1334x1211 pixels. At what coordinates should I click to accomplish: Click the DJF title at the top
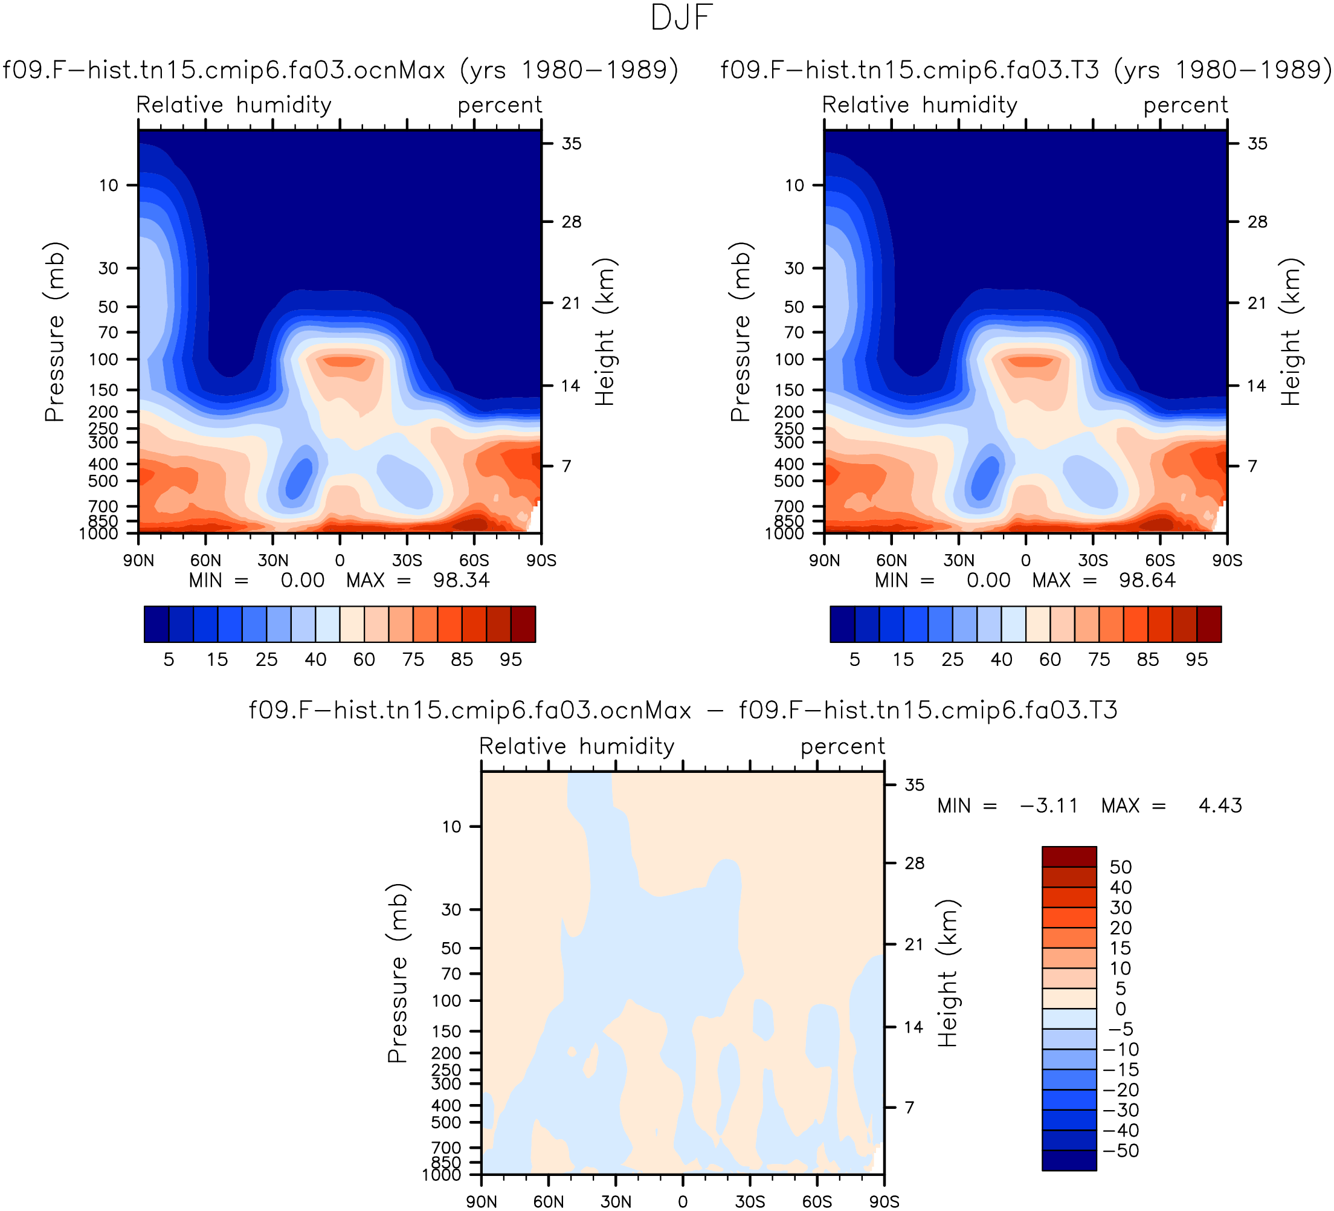coord(681,18)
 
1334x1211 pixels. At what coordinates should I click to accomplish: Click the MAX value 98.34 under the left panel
coord(461,580)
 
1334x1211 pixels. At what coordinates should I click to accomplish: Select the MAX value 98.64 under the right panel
coord(1147,580)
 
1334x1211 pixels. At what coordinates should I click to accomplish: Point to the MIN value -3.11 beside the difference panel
coord(1049,806)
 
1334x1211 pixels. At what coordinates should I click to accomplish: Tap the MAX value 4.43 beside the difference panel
coord(1220,806)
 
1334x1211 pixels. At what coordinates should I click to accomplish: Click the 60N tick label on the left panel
coord(206,561)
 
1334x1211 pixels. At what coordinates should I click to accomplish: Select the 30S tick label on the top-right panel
coord(1092,561)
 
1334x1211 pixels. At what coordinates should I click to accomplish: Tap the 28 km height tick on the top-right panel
coord(1257,222)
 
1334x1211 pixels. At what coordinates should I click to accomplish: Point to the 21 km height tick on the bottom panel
coord(914,945)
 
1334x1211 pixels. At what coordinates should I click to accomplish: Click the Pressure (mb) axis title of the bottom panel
coord(398,973)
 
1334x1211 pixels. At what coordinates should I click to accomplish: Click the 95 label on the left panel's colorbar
coord(511,659)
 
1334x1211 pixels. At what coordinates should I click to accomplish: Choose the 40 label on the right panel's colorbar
coord(1001,659)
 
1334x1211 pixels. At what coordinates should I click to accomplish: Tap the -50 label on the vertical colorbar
coord(1120,1151)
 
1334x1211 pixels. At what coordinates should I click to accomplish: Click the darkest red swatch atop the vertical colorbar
coord(1069,856)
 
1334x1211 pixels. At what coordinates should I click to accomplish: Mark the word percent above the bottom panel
coord(842,747)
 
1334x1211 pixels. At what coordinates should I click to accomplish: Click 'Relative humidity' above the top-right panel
coord(920,105)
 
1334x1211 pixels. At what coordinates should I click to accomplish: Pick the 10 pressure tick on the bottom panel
coord(451,827)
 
